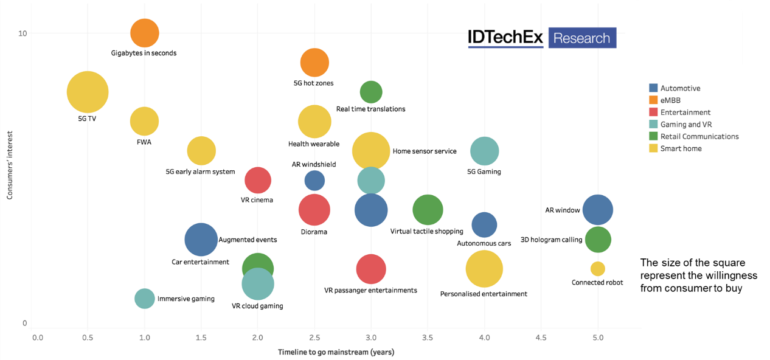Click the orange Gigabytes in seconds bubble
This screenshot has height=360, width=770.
click(x=144, y=33)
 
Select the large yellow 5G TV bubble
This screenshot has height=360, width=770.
click(x=88, y=92)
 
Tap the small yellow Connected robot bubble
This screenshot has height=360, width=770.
click(x=598, y=269)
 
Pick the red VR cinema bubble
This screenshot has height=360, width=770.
click(x=258, y=180)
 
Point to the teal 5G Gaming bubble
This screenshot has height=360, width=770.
click(x=485, y=151)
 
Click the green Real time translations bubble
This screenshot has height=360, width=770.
click(x=371, y=92)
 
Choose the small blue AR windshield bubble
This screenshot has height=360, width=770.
click(x=314, y=180)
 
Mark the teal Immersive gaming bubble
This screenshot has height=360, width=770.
click(x=145, y=299)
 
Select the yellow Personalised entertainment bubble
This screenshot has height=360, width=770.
click(x=485, y=269)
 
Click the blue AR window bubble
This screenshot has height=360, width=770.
click(x=598, y=210)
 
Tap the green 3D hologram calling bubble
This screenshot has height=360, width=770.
click(x=598, y=240)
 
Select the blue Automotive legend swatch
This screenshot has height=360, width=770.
click(x=653, y=88)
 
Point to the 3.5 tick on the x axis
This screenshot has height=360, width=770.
click(x=428, y=337)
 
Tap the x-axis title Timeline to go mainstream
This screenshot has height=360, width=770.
click(x=337, y=352)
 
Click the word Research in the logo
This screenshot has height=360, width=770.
click(x=582, y=38)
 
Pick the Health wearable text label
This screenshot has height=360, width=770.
click(x=314, y=144)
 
